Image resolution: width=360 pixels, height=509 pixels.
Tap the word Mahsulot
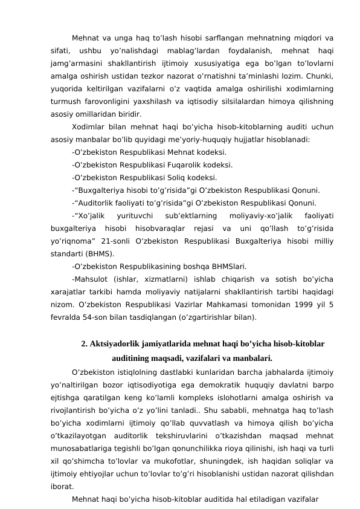click(x=91, y=278)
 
